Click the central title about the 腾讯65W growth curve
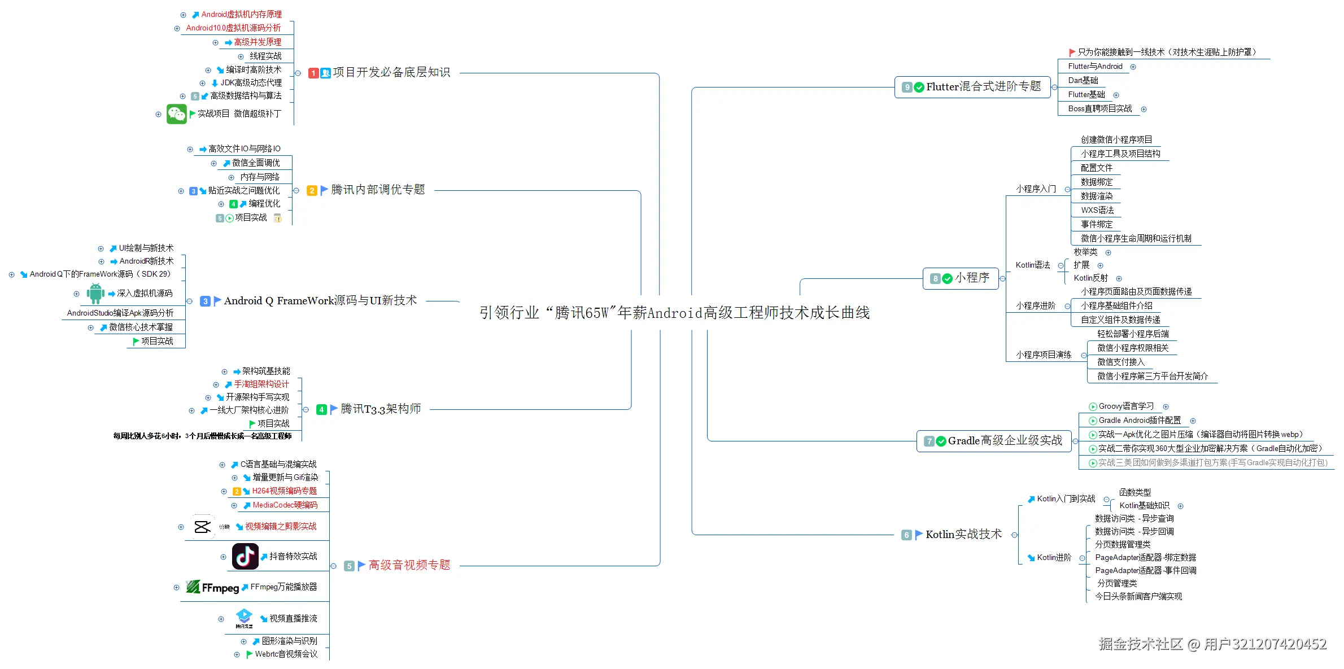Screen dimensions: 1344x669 click(674, 312)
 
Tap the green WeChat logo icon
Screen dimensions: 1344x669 click(176, 114)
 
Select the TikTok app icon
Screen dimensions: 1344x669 click(245, 557)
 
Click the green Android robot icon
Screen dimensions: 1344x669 click(95, 294)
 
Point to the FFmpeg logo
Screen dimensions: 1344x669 click(212, 587)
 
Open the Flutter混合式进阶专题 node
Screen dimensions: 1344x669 click(983, 87)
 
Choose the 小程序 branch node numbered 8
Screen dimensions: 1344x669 click(971, 278)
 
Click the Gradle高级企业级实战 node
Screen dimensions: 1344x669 click(1005, 441)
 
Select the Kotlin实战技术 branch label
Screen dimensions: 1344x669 click(963, 535)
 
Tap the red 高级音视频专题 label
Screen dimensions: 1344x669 click(409, 565)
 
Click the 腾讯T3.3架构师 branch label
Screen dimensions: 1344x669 click(381, 409)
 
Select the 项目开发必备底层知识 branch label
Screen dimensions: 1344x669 click(391, 73)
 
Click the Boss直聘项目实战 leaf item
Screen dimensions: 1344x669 click(1099, 109)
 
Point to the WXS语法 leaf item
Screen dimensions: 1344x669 click(1097, 211)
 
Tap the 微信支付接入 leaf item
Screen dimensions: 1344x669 click(1120, 362)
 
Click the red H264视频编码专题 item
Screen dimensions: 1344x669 click(284, 491)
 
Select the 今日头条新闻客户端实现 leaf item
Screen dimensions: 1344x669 click(1138, 597)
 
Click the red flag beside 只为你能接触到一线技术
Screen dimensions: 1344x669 click(1072, 53)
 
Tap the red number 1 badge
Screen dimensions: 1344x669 click(313, 73)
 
